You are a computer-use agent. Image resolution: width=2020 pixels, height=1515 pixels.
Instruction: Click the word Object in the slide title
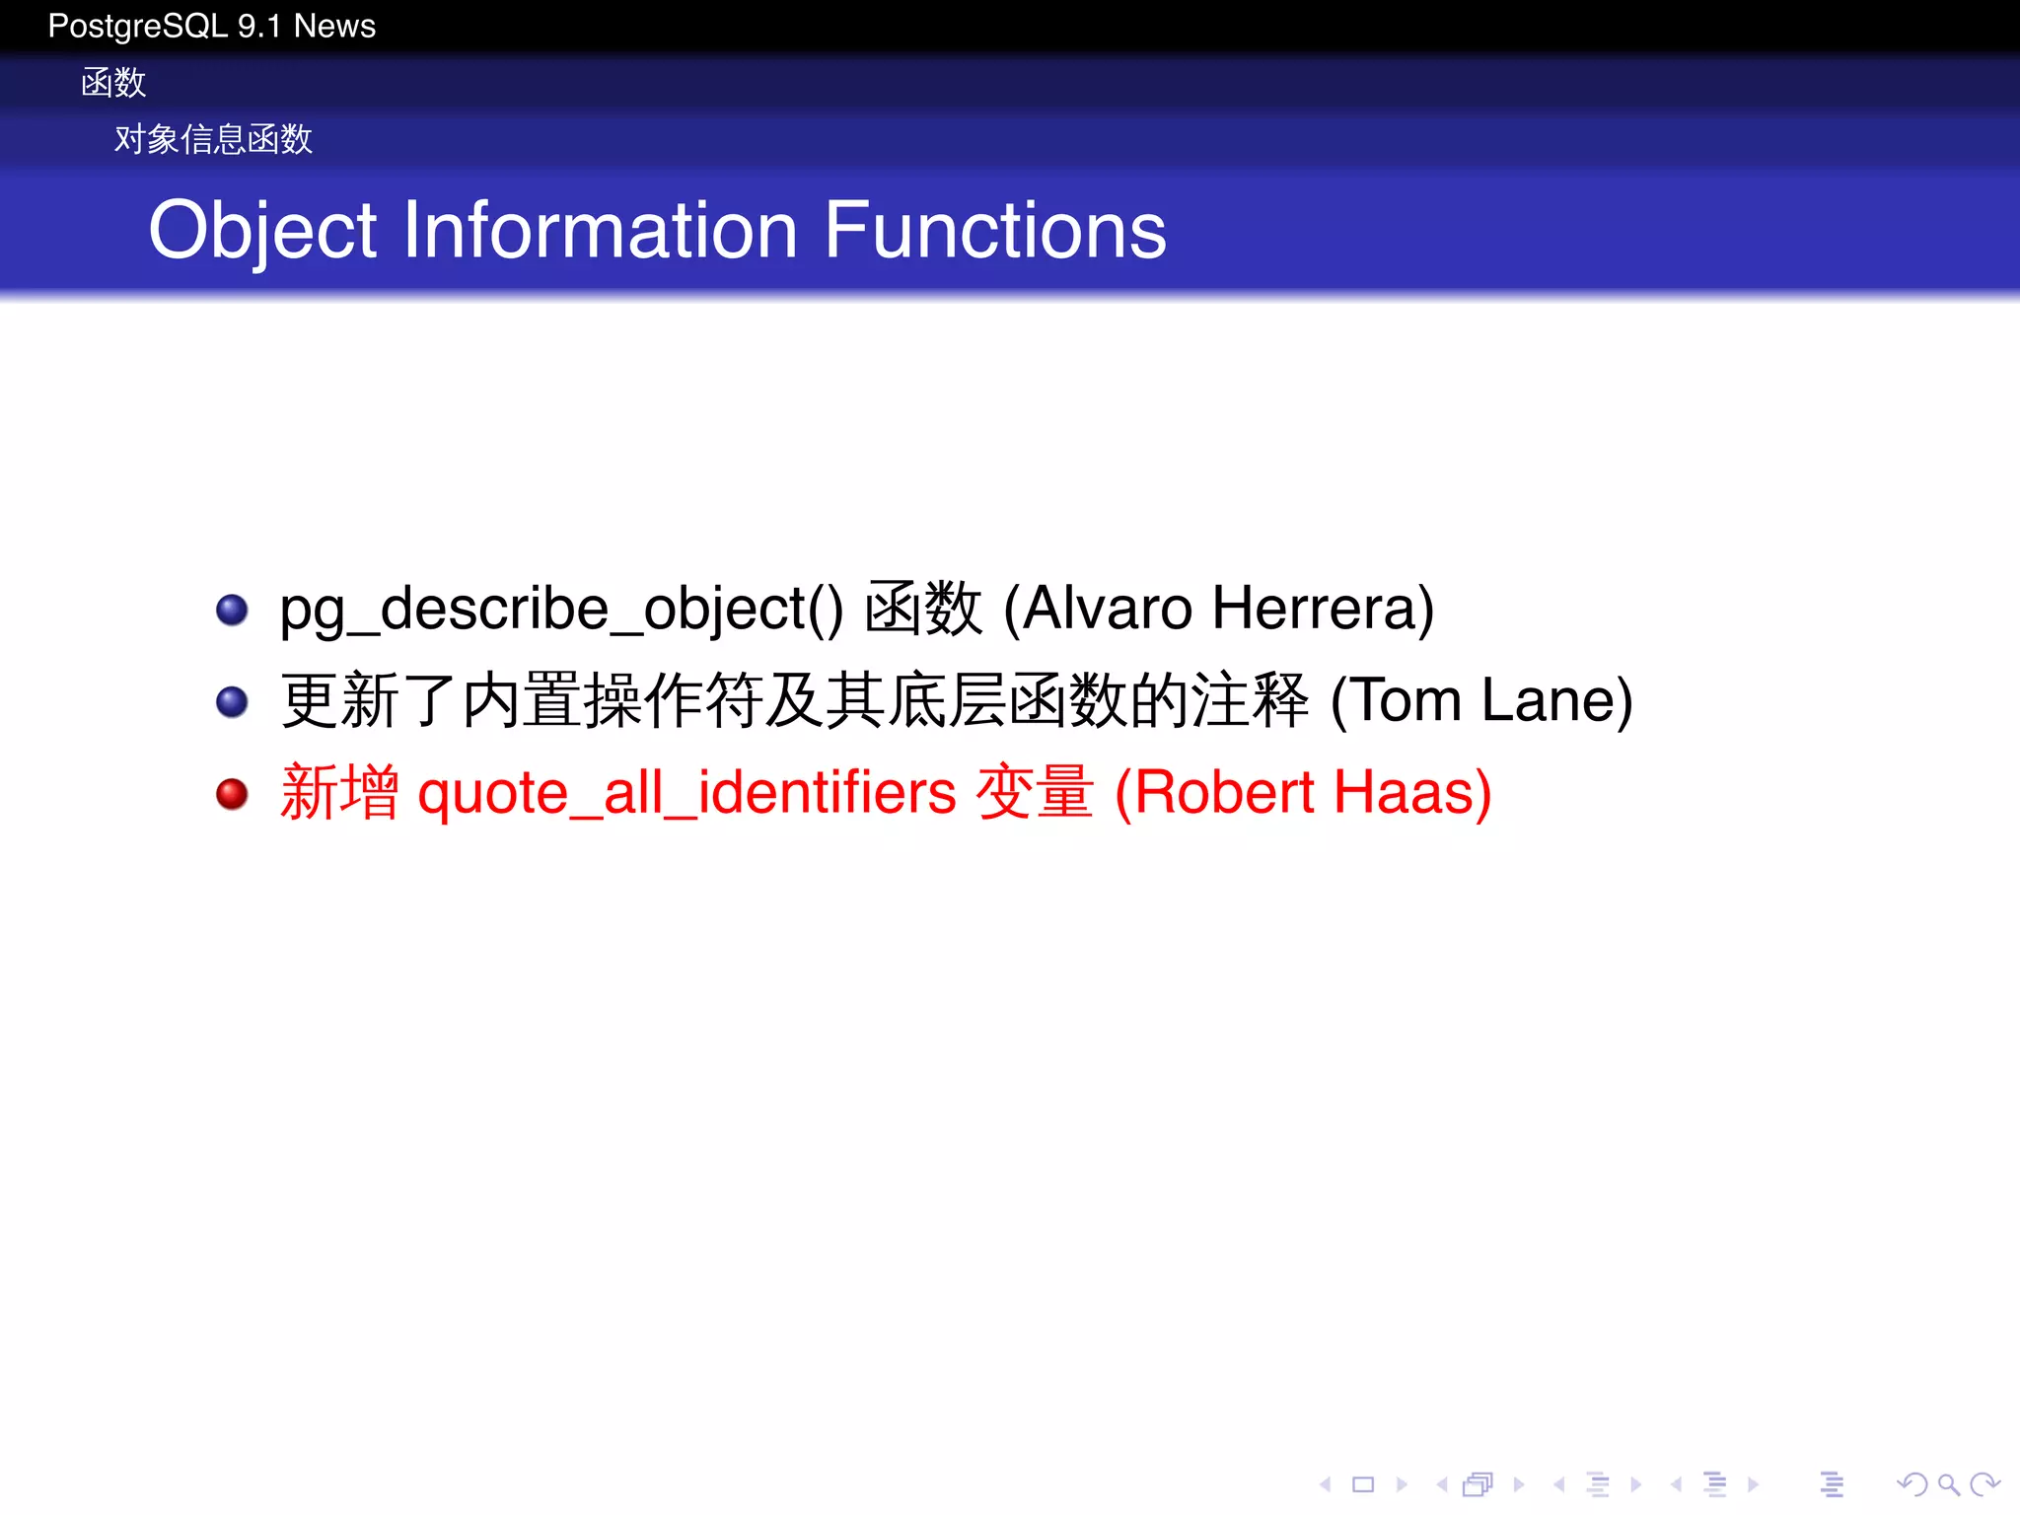click(262, 232)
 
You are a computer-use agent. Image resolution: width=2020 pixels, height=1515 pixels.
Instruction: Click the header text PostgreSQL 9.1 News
click(211, 26)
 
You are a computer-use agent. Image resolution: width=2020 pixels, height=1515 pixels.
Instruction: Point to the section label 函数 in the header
click(113, 83)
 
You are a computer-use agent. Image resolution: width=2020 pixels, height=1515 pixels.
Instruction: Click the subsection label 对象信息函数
click(213, 139)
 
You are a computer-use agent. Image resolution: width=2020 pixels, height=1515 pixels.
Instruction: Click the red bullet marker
click(232, 793)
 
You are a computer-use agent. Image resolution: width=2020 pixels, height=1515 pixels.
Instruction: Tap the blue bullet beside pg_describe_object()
click(232, 610)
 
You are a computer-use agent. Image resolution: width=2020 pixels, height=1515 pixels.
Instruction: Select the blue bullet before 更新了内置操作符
click(232, 701)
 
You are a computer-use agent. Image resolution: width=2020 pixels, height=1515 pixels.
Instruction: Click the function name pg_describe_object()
click(561, 610)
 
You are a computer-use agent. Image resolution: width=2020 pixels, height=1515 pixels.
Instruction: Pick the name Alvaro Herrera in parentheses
click(1219, 608)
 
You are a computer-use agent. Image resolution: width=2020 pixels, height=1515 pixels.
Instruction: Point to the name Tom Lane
click(1481, 700)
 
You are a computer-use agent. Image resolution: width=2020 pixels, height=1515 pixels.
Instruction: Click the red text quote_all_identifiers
click(686, 793)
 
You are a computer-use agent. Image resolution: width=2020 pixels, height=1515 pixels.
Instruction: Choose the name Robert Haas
click(1303, 792)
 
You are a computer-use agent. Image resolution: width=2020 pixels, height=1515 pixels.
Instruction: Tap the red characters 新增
click(339, 792)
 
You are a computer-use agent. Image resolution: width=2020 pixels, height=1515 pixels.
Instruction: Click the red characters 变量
click(1035, 792)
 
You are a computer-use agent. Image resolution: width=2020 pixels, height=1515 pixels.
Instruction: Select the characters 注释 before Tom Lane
click(1250, 700)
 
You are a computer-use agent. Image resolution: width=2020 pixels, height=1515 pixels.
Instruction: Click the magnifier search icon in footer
click(1947, 1483)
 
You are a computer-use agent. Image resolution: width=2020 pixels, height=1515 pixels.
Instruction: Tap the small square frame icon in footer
click(1363, 1483)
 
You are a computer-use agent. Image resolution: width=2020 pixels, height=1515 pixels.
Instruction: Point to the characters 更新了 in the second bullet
click(369, 700)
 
